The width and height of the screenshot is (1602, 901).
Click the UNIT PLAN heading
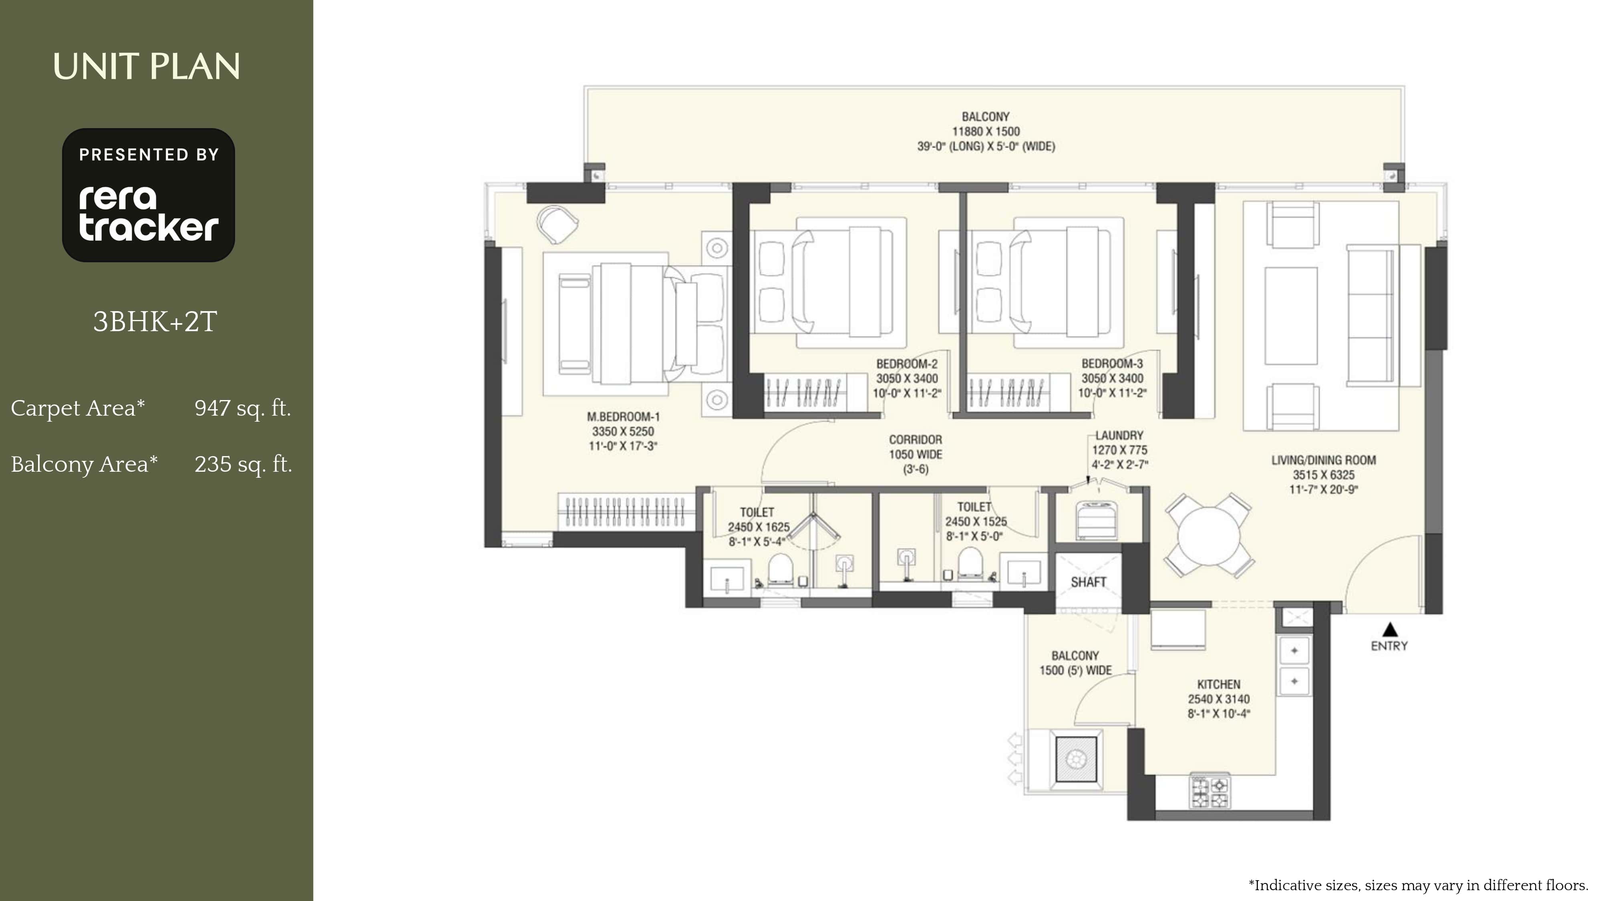click(147, 66)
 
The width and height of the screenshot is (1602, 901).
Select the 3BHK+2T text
click(155, 322)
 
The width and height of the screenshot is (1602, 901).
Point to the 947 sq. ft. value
click(243, 408)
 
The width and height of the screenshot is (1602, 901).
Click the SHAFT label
click(1088, 582)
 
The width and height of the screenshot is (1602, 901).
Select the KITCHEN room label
click(1219, 684)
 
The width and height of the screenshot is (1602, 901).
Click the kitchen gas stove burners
click(1210, 791)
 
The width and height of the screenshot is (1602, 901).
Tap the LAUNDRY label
click(1119, 435)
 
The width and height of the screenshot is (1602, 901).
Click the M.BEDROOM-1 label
click(623, 416)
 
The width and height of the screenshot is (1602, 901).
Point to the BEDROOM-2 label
click(907, 364)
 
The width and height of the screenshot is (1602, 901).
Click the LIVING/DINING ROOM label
click(1323, 460)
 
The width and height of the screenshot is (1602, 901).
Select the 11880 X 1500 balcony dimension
click(986, 131)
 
